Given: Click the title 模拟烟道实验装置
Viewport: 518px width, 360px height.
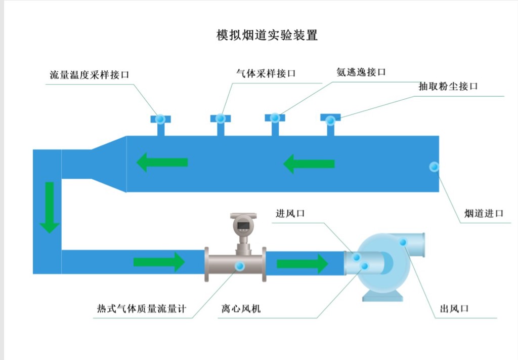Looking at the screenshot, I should [x=267, y=35].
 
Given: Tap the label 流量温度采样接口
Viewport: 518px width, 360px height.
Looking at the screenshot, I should [x=90, y=75].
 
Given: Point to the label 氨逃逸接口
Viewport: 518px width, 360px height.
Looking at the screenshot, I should [x=361, y=72].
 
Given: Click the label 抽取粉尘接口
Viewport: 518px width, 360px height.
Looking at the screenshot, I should [x=448, y=86].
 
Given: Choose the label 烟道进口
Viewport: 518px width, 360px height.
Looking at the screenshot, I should [x=484, y=213].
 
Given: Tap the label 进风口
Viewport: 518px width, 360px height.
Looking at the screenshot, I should [x=290, y=214].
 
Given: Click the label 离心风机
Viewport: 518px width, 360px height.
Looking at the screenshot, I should [x=241, y=308].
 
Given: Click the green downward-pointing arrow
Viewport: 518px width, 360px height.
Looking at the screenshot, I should [x=50, y=208].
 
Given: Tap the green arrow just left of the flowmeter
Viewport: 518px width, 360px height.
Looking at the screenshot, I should [x=159, y=262].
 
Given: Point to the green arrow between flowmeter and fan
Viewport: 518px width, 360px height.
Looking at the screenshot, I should [x=303, y=264].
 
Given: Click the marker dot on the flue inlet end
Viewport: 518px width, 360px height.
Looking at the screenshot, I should [x=434, y=167].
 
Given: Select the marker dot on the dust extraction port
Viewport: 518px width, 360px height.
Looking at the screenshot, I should [x=330, y=121].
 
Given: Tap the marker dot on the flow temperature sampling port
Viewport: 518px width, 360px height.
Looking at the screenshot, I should [x=160, y=119].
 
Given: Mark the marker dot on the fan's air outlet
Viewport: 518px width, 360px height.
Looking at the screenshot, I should [x=403, y=242].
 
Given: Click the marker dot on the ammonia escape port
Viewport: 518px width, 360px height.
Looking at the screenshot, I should [x=275, y=117].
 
